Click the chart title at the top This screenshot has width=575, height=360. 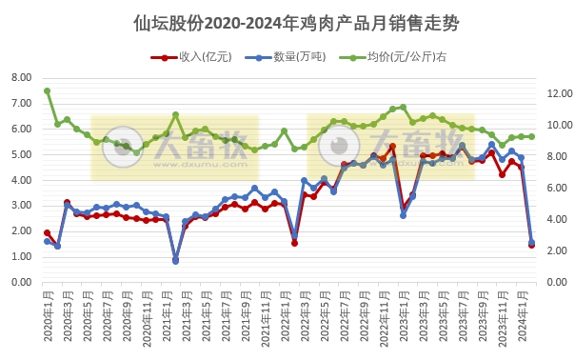[287, 22]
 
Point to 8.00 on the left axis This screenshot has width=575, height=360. [20, 77]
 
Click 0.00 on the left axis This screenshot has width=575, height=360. [20, 283]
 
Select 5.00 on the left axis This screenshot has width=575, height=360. [20, 154]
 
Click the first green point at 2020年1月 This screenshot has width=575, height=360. [47, 91]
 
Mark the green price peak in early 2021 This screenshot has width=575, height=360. [175, 115]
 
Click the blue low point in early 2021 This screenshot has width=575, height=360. [175, 260]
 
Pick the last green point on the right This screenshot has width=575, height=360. [531, 136]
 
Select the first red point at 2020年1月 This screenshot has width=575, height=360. [47, 232]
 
